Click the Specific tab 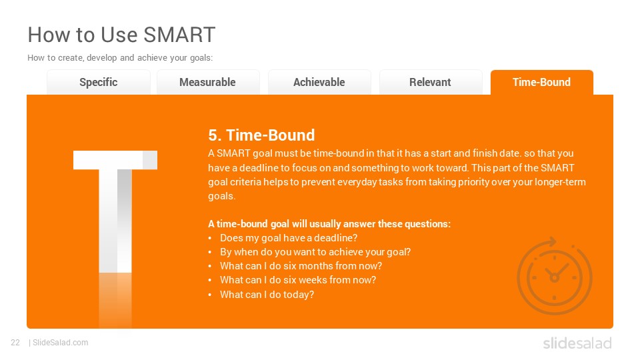coord(99,83)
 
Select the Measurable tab coord(208,83)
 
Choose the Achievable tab coord(319,83)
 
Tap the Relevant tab coord(430,83)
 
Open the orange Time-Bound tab coord(541,83)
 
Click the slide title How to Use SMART coord(121,35)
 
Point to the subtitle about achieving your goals coord(120,58)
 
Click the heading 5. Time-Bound coord(261,135)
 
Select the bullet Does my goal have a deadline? coord(289,238)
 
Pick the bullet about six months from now coord(301,266)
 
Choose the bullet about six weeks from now coord(298,280)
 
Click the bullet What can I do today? coord(267,295)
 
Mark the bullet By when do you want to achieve coord(315,252)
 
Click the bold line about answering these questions coord(329,224)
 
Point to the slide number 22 coord(15,343)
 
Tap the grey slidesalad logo coord(577,343)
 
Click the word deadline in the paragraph coord(259,168)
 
